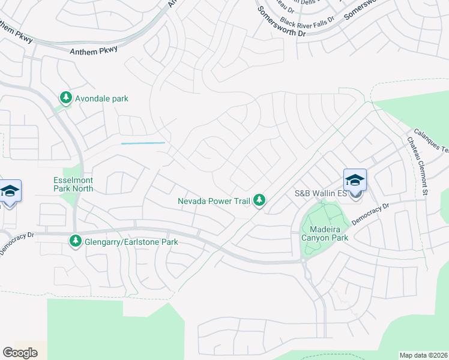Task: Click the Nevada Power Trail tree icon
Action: (259, 200)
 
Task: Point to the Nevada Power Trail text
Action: (214, 201)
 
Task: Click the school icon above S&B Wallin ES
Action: (355, 180)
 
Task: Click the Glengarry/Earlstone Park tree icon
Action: (76, 241)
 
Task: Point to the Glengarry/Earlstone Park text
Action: (131, 242)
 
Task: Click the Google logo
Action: (20, 353)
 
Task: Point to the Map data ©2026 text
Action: (423, 355)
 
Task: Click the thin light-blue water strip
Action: (143, 143)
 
